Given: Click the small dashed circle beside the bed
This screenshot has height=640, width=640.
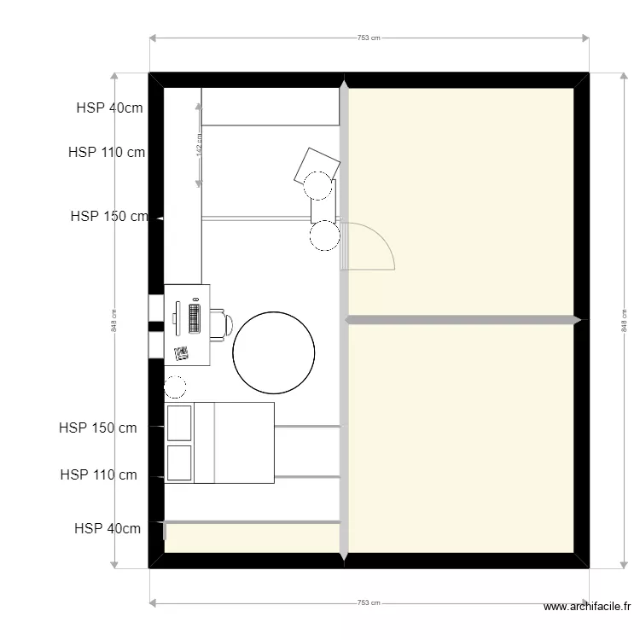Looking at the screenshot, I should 175,387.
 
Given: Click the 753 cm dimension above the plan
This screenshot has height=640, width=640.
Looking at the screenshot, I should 369,38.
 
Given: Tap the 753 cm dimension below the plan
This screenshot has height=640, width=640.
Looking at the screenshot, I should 369,602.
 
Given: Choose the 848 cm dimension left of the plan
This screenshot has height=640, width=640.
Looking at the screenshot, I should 114,320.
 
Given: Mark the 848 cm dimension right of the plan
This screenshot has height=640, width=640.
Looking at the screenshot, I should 624,320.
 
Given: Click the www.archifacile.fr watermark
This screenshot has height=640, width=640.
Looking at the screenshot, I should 587,608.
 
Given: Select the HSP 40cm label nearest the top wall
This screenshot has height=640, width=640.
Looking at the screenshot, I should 109,108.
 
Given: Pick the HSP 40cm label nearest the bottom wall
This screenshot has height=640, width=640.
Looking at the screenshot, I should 108,528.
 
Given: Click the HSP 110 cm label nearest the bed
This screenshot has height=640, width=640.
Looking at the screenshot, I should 99,474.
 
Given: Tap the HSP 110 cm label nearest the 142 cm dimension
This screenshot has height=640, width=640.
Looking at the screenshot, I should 107,153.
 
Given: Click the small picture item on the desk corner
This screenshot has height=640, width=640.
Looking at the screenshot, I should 181,353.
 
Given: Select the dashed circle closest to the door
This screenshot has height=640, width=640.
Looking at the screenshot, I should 325,236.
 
